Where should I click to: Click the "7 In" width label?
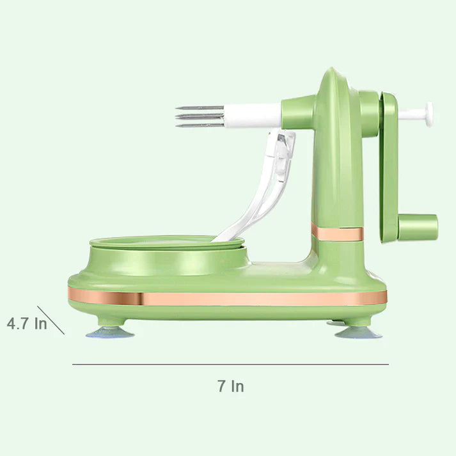(x=231, y=386)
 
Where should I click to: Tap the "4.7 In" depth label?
(x=27, y=324)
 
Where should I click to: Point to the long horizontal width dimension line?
(x=231, y=364)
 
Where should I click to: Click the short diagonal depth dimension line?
(x=51, y=320)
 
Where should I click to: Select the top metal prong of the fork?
(x=200, y=108)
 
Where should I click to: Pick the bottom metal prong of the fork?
(x=200, y=125)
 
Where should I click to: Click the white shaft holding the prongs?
(x=253, y=116)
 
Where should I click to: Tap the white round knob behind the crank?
(x=429, y=114)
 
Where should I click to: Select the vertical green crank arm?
(x=388, y=167)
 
